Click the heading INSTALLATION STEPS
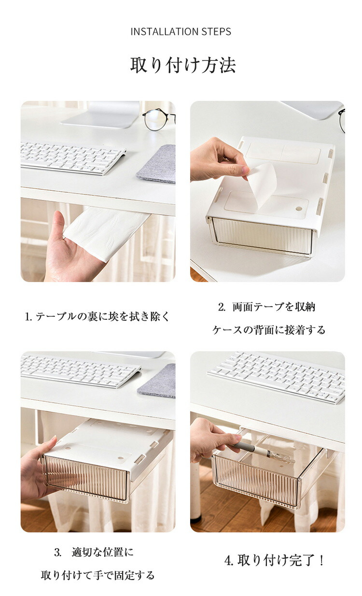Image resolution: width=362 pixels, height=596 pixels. (181, 32)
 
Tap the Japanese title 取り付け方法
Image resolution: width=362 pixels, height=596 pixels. (183, 65)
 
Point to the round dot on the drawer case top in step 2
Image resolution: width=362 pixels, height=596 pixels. (299, 209)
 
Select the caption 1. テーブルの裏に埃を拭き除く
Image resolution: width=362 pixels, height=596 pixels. (97, 317)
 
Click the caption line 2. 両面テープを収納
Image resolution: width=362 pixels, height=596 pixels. (267, 307)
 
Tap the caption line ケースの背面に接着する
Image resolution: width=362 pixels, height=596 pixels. (269, 330)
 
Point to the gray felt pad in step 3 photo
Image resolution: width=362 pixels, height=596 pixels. (157, 381)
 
